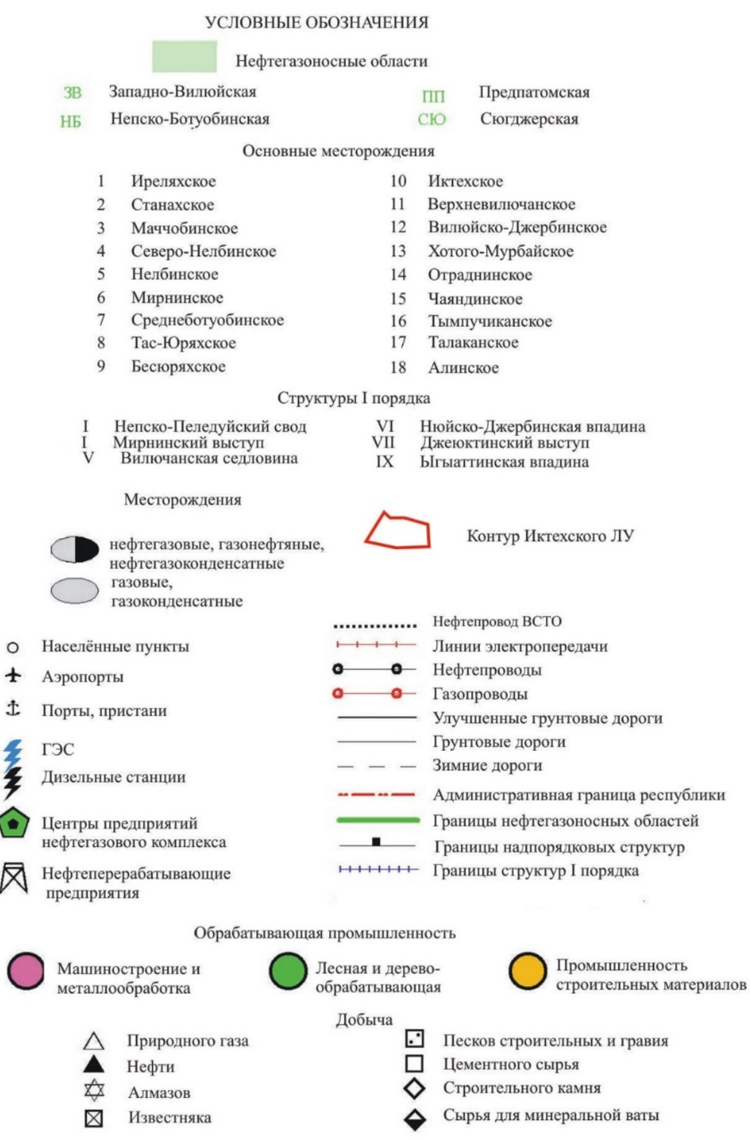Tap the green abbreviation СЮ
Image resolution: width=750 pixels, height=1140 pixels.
[431, 119]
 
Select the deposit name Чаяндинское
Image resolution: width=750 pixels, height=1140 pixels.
[475, 299]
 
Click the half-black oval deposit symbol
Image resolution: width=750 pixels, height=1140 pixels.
[75, 549]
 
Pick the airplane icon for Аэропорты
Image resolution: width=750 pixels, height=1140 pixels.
[13, 675]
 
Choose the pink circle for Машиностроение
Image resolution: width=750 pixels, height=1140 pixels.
[26, 971]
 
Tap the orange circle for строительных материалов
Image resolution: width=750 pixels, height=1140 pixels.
[527, 971]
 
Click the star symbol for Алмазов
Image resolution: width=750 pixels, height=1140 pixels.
[94, 1090]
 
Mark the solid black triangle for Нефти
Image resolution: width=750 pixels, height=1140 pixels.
[94, 1064]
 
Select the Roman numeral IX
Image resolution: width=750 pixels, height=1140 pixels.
[385, 462]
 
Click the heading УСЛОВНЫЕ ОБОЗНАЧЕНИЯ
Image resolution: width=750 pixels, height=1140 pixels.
[317, 22]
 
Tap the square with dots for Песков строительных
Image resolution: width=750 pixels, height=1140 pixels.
[414, 1039]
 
